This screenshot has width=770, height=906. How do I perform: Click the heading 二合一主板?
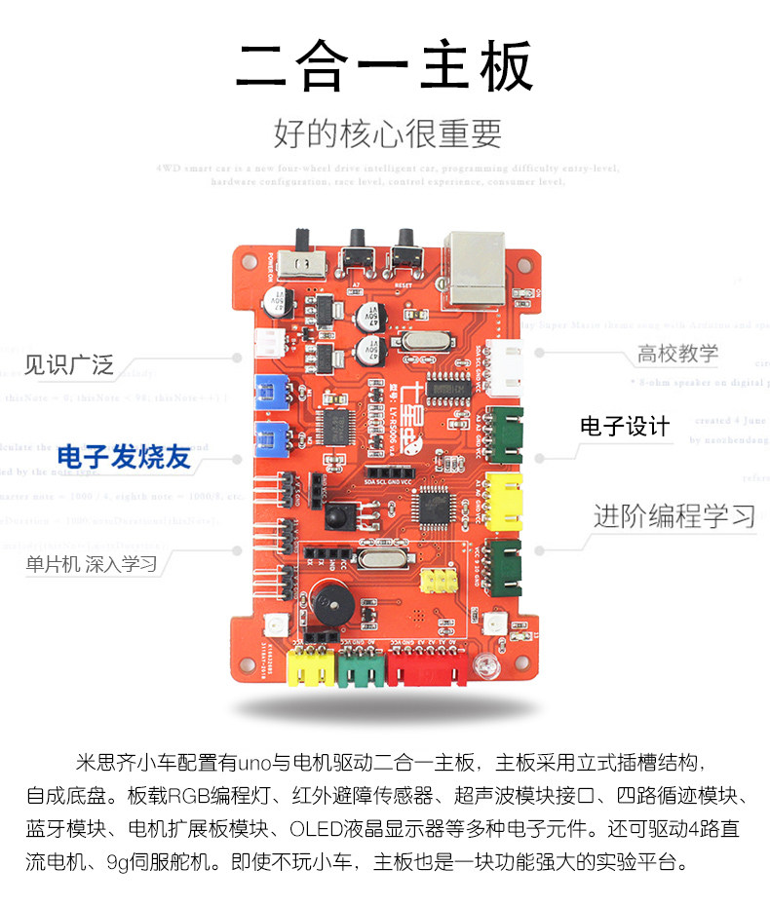click(385, 66)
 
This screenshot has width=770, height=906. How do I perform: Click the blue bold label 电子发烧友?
click(123, 457)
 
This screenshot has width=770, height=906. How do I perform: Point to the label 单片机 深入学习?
click(92, 564)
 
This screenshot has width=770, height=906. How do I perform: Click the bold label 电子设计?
click(625, 426)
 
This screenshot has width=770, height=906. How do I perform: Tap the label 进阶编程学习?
click(674, 515)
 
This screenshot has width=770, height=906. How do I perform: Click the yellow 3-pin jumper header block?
click(439, 582)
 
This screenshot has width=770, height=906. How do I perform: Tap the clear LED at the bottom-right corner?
click(481, 667)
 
